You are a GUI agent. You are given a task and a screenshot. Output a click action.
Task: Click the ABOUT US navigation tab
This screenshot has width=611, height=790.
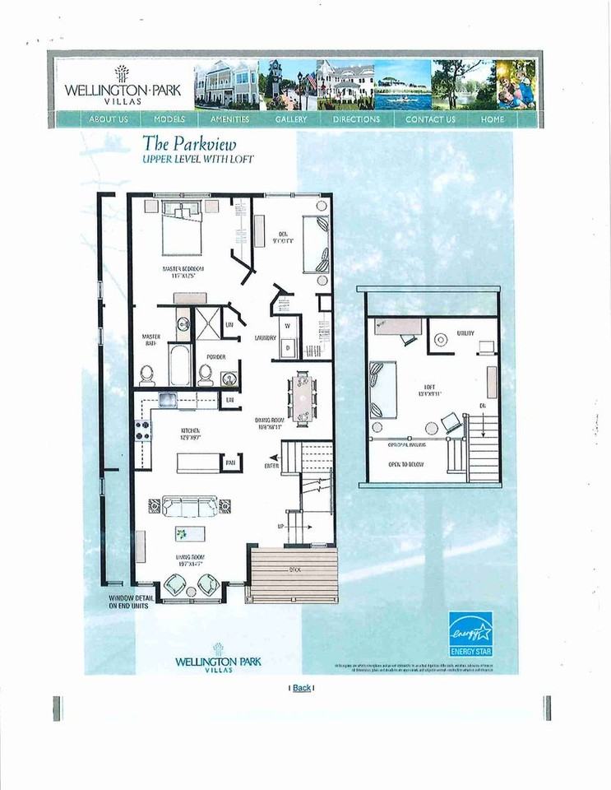coord(108,119)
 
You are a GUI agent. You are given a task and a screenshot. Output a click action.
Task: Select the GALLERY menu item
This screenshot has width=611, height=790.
coord(291,119)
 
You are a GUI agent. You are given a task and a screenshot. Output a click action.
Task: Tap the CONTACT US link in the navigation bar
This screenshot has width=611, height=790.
coord(430,119)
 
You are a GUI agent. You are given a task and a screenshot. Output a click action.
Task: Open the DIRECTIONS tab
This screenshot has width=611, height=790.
coord(356,119)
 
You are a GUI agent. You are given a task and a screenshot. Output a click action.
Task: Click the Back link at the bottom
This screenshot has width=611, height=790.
coord(302,688)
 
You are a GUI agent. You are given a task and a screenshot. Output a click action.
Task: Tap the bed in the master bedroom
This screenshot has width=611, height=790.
coord(182,230)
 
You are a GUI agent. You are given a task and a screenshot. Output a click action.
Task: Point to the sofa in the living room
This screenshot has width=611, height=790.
coord(190,504)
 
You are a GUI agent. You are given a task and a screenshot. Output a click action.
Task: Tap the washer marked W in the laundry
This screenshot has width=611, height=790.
coord(288,325)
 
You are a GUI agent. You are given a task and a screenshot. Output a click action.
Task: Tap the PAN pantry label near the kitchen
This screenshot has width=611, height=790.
coord(232,463)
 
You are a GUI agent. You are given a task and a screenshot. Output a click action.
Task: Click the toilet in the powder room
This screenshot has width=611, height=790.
coord(205,375)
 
